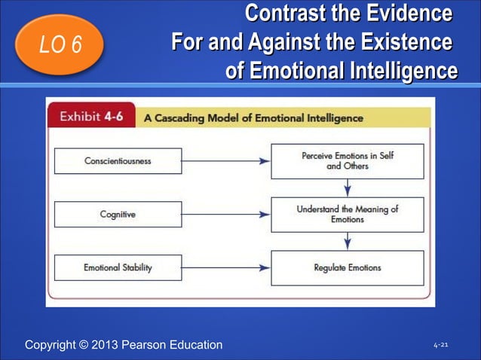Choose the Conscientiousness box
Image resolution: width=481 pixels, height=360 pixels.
[x=118, y=160]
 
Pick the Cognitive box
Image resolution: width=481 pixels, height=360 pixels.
[x=118, y=214]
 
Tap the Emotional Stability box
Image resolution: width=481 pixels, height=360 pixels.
[x=118, y=267]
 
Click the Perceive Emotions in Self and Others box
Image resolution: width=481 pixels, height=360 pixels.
[x=347, y=160]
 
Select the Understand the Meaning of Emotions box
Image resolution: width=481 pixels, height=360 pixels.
[x=347, y=214]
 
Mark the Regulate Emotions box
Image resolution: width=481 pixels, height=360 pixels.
[x=347, y=267]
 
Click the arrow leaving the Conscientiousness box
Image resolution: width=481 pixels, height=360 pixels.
[x=226, y=160]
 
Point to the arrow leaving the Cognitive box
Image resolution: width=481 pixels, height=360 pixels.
[x=226, y=214]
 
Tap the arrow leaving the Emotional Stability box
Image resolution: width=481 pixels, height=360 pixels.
[x=226, y=267]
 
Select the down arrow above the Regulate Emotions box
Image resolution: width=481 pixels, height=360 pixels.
[x=347, y=241]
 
